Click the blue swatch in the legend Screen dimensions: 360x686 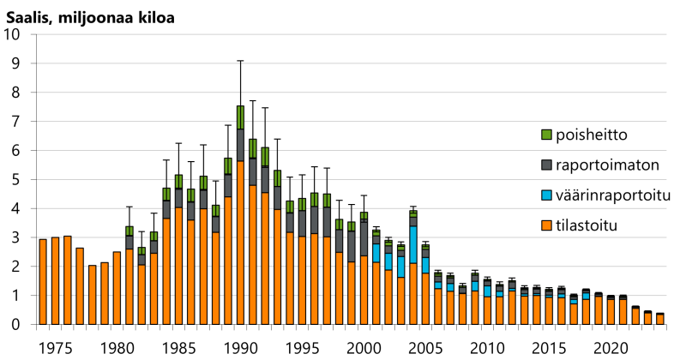point(547,197)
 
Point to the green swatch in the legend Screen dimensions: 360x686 point(547,135)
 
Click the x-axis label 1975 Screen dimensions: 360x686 point(56,349)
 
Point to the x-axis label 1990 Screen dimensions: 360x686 point(240,349)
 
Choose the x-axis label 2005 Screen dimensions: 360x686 point(425,349)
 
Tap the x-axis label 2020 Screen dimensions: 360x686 point(611,349)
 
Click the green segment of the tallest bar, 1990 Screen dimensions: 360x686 point(240,117)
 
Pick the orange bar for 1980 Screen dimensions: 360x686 point(117,288)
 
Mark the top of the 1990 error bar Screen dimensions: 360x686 point(240,61)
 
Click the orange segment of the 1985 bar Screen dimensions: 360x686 point(178,266)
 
